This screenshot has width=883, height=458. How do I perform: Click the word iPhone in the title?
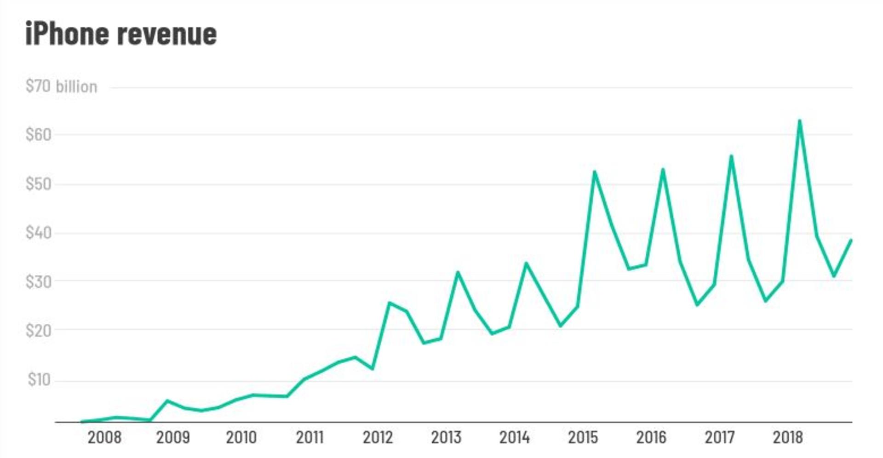67,34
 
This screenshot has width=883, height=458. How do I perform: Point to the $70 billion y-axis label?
61,86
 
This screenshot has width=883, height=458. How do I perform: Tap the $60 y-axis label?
39,135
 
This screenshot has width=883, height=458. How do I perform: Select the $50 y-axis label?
39,184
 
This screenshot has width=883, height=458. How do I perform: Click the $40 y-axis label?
39,233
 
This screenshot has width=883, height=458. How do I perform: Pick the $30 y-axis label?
39,281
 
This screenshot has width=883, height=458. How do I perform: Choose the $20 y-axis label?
39,330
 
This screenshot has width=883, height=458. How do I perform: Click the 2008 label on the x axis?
104,437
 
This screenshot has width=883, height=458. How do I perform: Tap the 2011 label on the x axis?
310,437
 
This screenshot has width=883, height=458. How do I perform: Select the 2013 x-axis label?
446,437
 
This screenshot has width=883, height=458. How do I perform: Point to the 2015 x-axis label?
583,437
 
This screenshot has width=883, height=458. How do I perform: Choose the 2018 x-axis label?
787,437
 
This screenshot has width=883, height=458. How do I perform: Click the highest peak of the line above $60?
799,121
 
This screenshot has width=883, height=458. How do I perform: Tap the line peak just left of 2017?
731,156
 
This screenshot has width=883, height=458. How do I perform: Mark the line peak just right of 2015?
594,172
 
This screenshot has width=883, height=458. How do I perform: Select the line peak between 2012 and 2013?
390,303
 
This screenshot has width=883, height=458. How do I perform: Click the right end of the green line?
851,240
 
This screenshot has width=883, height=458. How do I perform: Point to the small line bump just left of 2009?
167,401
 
